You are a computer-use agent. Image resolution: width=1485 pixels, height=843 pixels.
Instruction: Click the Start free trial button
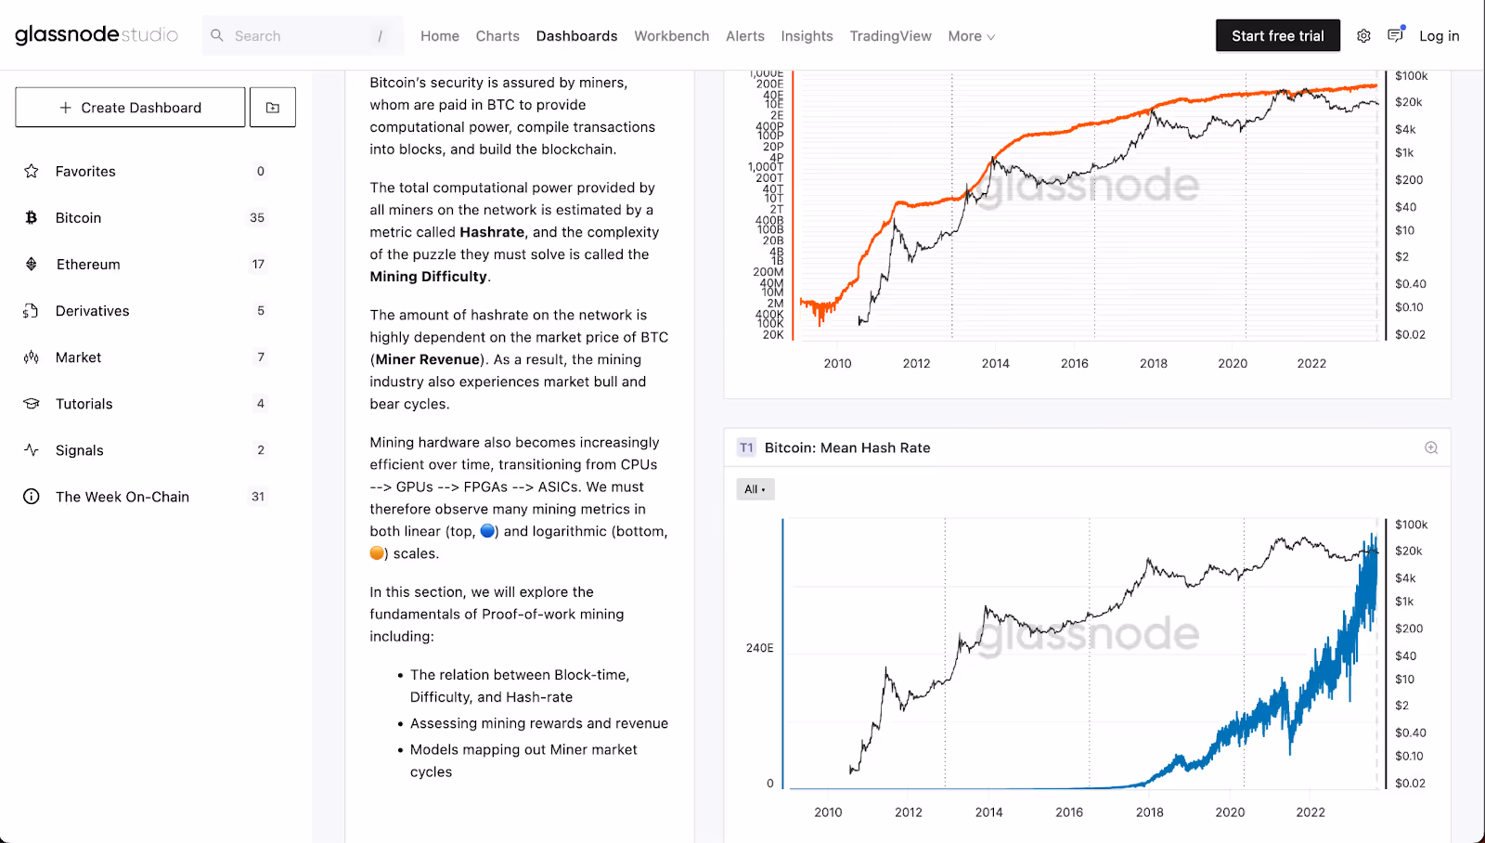(1277, 36)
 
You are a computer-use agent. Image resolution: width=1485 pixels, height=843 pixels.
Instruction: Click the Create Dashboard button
(130, 108)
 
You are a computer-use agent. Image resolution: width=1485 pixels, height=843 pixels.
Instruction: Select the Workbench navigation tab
(671, 36)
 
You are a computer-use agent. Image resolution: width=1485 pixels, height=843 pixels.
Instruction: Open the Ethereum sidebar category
(88, 265)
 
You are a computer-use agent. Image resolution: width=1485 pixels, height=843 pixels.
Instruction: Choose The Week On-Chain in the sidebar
(122, 497)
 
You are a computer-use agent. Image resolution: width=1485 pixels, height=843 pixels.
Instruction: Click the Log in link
(1439, 36)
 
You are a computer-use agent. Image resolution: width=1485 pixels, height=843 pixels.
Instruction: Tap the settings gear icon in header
(1363, 36)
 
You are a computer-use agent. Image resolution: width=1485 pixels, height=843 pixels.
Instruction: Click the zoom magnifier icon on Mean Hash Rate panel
(1431, 447)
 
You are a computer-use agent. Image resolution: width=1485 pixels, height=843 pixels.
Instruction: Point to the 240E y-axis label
(759, 648)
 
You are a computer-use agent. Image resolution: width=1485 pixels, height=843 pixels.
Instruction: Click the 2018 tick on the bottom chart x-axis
(1149, 812)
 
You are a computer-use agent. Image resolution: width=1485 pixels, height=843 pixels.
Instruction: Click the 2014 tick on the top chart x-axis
(995, 364)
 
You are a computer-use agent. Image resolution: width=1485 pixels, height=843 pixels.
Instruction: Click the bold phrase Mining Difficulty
(428, 277)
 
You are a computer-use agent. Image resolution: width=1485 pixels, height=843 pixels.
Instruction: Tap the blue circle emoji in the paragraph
(487, 531)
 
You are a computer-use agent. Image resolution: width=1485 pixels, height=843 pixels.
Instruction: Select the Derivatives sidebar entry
(92, 311)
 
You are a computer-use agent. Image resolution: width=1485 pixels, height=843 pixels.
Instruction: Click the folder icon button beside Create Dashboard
(273, 108)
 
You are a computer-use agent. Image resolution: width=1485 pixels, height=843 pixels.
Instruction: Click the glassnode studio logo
(97, 35)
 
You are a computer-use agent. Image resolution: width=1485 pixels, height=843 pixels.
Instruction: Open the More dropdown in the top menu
(971, 36)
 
